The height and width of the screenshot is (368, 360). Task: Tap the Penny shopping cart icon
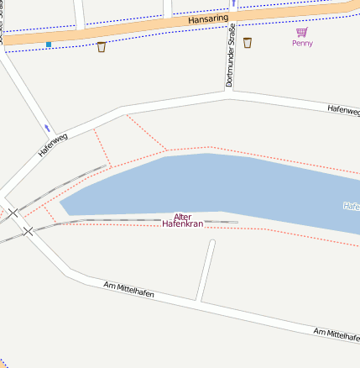pos(301,32)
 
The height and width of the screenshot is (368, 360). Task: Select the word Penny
pos(302,43)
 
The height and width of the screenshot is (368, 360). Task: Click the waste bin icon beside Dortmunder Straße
pos(248,42)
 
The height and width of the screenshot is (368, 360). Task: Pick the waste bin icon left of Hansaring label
pos(102,46)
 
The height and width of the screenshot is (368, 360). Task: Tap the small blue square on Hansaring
pos(49,44)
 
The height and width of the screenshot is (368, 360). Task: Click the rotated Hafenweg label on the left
pos(53,145)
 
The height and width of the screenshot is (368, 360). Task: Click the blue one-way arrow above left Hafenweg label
pos(47,128)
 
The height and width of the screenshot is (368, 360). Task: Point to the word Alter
pos(182,217)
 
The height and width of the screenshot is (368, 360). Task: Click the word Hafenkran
pos(183,225)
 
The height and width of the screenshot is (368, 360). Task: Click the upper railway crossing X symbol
pos(13,213)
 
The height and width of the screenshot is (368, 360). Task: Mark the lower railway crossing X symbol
pos(28,230)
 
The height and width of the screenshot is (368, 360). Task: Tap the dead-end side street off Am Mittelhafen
pos(206,269)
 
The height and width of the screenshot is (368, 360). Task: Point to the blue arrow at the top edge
pos(232,3)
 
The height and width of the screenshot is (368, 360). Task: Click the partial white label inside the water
pos(352,205)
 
